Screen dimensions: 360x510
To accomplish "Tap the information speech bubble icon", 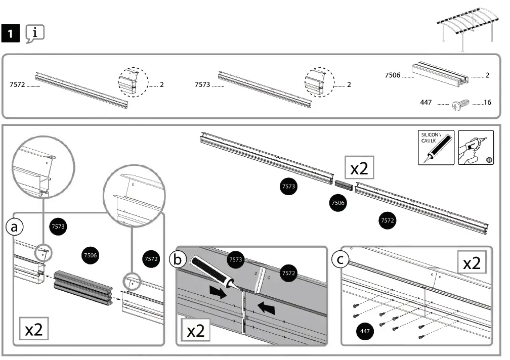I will (x=34, y=33).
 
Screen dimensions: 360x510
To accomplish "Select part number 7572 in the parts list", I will (x=18, y=85).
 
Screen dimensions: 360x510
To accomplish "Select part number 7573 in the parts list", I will (x=202, y=85).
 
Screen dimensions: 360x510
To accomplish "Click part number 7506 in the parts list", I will (x=392, y=75).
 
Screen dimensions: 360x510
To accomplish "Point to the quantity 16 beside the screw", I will (x=487, y=103).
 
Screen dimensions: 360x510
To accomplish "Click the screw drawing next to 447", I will (x=460, y=104).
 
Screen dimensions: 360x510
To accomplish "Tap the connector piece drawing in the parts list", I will (x=439, y=73).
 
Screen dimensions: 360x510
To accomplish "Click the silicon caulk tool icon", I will (x=436, y=147).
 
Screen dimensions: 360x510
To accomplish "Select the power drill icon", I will (x=475, y=147).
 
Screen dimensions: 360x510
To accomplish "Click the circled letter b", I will (x=178, y=260).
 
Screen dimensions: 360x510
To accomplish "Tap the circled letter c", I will (x=340, y=260).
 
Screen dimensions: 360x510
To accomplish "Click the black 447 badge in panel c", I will (x=363, y=331).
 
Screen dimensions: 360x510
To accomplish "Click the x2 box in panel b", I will (x=196, y=331).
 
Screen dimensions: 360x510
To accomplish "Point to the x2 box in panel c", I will (x=472, y=263).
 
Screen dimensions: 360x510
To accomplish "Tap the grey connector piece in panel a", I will (x=82, y=287).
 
